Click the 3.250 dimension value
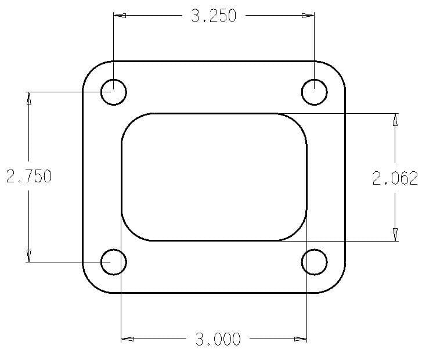(214, 16)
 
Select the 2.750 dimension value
(28, 177)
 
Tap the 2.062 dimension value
(395, 178)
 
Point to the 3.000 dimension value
(218, 340)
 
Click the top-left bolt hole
(114, 92)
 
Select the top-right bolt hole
(315, 92)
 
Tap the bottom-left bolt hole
(114, 262)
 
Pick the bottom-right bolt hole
(315, 262)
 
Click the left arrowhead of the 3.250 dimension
(120, 16)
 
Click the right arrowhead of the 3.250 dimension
(308, 16)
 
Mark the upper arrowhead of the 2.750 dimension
(28, 98)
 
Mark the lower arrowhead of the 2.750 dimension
(28, 255)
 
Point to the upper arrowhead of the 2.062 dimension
(395, 120)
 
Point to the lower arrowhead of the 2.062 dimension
(395, 234)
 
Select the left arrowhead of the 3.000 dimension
(127, 339)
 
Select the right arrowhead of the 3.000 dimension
(300, 339)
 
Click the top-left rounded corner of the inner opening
(131, 123)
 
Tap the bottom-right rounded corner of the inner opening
(298, 232)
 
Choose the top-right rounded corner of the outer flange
(337, 70)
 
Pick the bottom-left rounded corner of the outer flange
(92, 284)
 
